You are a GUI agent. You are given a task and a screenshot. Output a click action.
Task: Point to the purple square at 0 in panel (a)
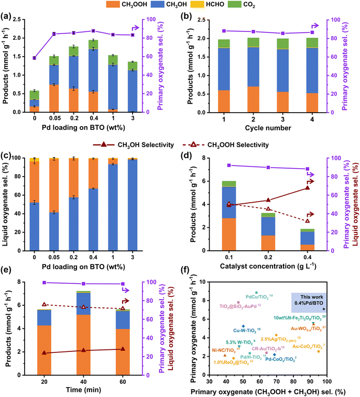pyautogui.click(x=34, y=58)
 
